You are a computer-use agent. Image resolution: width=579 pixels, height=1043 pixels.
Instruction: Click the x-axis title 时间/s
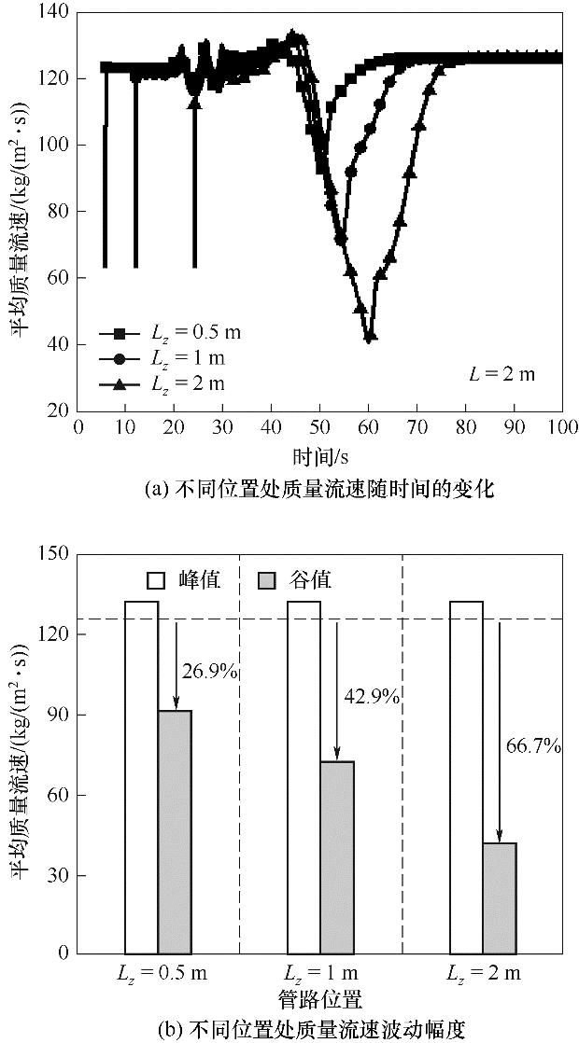click(x=318, y=457)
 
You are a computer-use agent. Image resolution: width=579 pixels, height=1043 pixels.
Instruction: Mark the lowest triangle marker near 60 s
click(x=370, y=337)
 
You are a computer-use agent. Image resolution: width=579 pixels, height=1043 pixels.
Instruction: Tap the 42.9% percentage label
click(x=373, y=695)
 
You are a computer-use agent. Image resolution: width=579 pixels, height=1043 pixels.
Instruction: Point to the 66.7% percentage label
click(x=535, y=745)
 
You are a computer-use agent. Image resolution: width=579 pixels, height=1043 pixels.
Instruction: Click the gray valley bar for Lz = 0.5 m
click(x=175, y=830)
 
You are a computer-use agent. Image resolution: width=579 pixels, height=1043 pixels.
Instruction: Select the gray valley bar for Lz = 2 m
click(x=500, y=897)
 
